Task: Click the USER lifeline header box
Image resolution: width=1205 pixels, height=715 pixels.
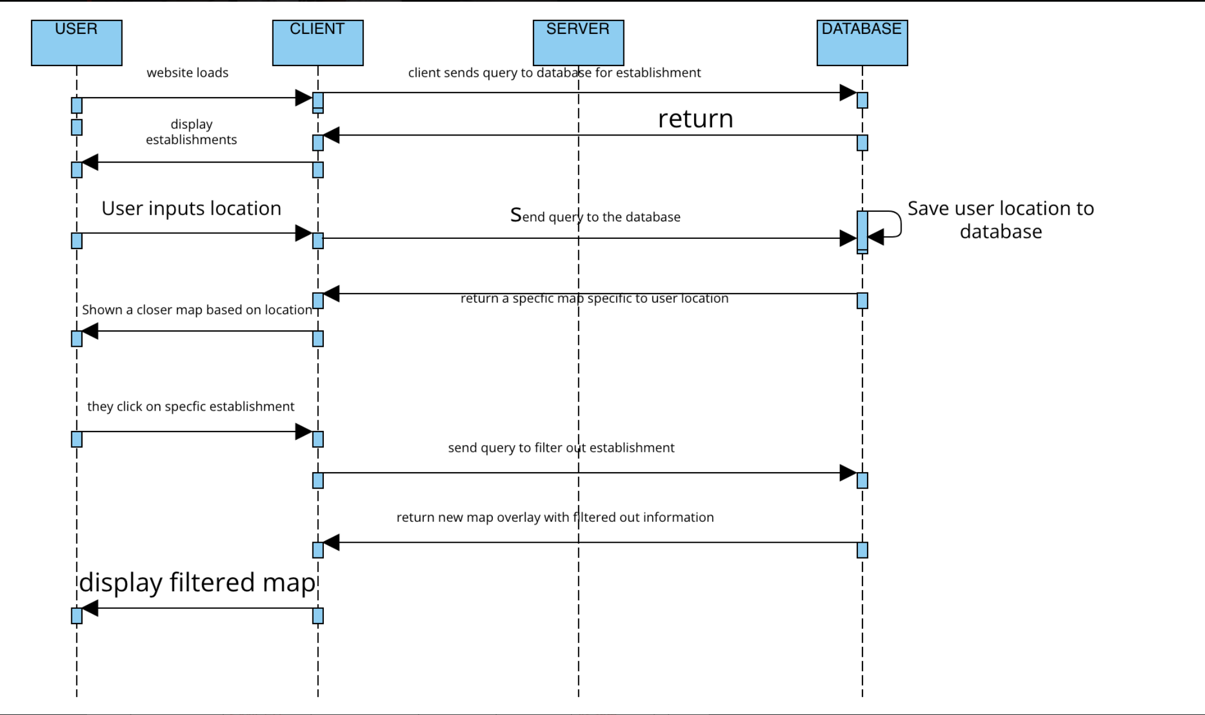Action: [76, 43]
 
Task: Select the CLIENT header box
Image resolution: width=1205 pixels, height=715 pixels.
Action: [318, 43]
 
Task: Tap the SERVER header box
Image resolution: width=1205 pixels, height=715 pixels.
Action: [578, 43]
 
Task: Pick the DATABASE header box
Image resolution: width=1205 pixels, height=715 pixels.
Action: [862, 43]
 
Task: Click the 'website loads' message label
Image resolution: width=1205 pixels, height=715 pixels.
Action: [187, 73]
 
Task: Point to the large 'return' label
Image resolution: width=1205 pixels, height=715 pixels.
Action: [695, 119]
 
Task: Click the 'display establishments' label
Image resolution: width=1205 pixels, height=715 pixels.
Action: [191, 132]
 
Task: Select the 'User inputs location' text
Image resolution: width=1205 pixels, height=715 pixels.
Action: [191, 208]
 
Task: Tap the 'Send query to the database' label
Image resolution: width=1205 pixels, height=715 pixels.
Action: [595, 216]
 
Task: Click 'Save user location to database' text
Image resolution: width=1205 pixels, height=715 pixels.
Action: [1000, 220]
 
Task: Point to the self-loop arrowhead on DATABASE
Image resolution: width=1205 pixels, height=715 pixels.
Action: [875, 237]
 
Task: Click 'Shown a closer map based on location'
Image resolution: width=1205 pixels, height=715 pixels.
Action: [197, 309]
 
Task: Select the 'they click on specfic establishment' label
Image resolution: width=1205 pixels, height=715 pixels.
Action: [190, 407]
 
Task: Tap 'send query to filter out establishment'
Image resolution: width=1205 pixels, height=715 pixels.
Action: [561, 448]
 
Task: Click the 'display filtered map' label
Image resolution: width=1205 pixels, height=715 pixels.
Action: [197, 582]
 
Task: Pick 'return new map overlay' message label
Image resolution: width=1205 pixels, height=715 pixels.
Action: [554, 517]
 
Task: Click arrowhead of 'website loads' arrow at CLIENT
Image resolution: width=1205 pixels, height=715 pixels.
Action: [304, 98]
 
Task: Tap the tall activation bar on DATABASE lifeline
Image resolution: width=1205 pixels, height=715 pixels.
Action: [862, 230]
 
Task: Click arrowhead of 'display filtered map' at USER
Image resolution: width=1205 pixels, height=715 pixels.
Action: [90, 608]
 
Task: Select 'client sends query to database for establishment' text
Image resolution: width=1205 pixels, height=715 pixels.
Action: [554, 73]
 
